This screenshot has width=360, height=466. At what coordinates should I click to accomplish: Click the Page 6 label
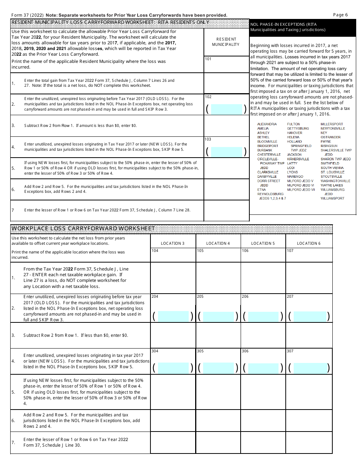coord(340,15)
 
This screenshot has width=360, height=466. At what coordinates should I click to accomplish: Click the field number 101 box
coord(226,64)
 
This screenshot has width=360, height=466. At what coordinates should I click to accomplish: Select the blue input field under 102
coord(226,109)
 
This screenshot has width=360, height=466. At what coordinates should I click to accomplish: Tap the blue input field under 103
coord(226,152)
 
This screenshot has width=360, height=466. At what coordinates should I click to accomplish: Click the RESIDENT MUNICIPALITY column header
coord(226,42)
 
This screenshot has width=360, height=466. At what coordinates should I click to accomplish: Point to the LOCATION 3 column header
coord(173,243)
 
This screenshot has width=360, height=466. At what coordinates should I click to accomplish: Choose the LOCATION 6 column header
coord(309,243)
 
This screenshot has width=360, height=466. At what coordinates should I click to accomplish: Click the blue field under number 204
coord(173,316)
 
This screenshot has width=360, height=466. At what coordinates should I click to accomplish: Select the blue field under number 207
coord(309,316)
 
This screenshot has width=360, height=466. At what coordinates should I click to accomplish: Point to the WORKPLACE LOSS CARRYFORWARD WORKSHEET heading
coord(83,228)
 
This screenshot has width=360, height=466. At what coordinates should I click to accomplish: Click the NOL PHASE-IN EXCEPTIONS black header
coord(302,27)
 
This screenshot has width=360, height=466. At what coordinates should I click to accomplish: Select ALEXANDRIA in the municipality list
coord(267,124)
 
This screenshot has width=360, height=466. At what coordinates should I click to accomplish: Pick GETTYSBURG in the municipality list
coord(298,128)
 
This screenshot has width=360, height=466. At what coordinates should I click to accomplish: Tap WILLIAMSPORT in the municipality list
coord(332,198)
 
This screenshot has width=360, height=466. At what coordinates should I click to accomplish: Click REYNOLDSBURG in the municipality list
coord(270,194)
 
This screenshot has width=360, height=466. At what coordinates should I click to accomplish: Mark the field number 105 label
coord(200,251)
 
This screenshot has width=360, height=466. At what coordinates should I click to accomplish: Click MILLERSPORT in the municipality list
coord(332,124)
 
